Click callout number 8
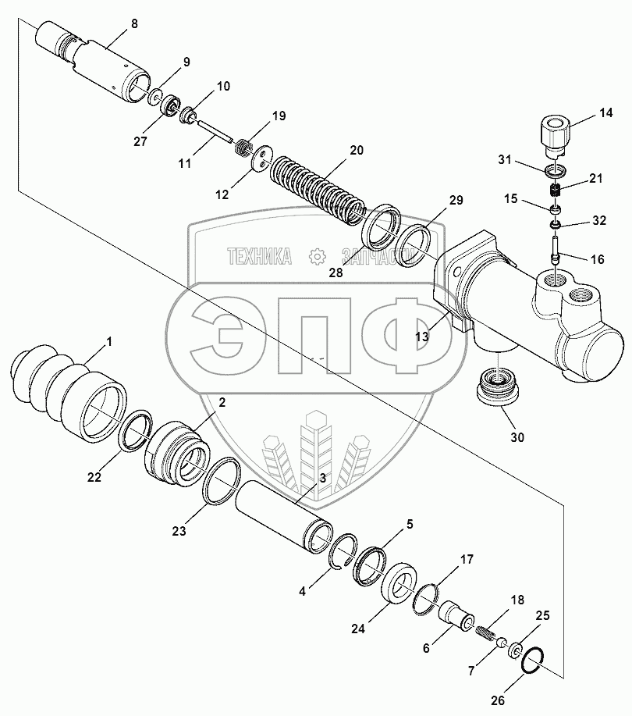[133, 24]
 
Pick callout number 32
[598, 221]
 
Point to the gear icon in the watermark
[317, 255]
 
